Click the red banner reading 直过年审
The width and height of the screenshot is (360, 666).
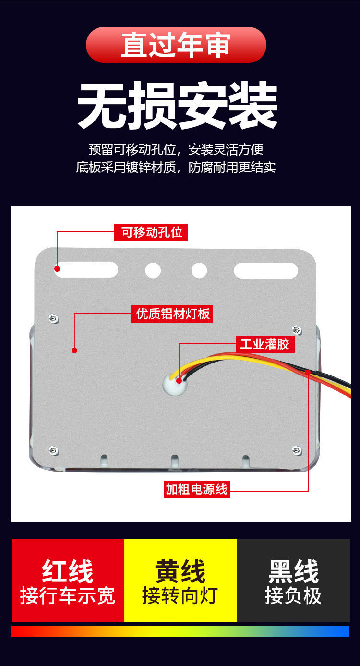(176, 45)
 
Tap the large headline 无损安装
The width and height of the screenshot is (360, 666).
(178, 106)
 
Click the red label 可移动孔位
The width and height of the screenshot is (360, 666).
(151, 232)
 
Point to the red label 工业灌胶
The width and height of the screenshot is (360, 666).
(264, 344)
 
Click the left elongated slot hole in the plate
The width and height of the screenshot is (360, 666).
(88, 270)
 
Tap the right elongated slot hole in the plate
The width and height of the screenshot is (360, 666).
(265, 270)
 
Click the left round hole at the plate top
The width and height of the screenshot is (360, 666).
(153, 270)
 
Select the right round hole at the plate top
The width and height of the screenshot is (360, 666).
(199, 270)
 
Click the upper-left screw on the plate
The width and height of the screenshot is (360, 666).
(54, 318)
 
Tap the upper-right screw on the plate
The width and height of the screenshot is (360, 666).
(297, 329)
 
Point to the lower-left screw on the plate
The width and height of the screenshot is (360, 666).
(54, 450)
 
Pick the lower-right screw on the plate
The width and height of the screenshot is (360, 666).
(297, 450)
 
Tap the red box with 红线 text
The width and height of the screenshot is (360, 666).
(68, 581)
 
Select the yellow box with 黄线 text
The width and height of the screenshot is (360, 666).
(180, 581)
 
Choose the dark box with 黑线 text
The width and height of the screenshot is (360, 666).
(293, 581)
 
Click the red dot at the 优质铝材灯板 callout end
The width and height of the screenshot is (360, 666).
(74, 350)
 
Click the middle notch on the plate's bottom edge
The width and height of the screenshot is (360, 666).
(175, 460)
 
